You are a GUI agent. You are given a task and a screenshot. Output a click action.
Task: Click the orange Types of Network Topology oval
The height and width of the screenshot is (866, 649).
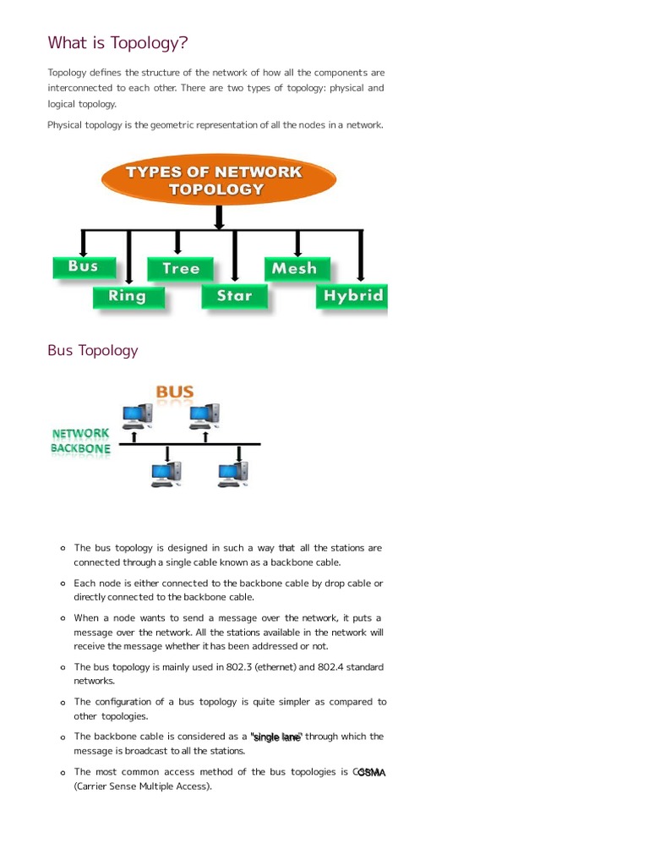219,180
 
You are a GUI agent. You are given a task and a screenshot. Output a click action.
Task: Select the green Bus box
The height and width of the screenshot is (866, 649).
83,266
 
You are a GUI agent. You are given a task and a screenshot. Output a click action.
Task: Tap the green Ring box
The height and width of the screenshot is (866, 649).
127,296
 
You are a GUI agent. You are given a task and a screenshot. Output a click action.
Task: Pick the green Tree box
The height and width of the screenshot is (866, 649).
181,269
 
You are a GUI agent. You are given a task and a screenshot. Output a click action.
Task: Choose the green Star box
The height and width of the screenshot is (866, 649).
234,296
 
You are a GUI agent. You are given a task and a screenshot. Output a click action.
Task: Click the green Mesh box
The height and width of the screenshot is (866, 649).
295,269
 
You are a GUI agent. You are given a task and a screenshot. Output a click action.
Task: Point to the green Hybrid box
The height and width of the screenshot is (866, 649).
352,296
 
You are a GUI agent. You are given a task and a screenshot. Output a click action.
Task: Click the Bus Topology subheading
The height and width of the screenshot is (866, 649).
92,350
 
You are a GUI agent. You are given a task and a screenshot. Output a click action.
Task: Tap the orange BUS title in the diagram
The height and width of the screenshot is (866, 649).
175,392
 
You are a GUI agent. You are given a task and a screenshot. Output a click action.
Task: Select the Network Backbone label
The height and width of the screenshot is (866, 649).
80,441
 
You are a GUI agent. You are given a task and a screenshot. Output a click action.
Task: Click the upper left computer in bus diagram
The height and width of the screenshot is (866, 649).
137,414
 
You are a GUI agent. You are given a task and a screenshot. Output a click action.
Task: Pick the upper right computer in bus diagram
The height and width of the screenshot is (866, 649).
204,414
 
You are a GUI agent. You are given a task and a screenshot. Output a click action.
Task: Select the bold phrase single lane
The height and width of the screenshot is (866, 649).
276,737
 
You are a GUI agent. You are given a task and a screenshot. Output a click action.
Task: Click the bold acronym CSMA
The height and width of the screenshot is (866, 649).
371,772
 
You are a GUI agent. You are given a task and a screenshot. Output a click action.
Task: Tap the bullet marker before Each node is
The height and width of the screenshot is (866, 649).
63,584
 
